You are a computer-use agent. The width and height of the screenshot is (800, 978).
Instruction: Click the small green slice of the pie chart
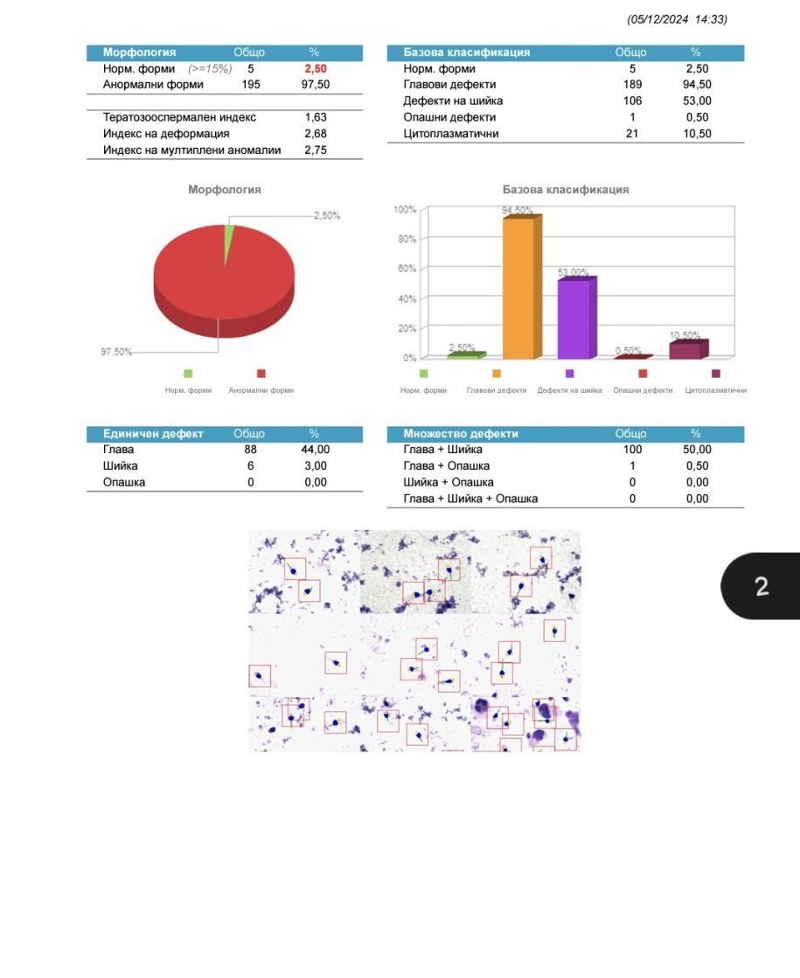pos(229,243)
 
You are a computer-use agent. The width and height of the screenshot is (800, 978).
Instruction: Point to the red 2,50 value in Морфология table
pos(316,68)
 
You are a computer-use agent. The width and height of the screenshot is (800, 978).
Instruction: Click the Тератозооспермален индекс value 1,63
pos(316,117)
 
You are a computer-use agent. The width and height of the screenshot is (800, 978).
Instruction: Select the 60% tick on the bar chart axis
pos(406,269)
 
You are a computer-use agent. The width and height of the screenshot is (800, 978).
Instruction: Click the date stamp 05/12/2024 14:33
pos(677,19)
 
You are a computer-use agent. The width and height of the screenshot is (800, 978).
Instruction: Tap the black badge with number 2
pos(761,586)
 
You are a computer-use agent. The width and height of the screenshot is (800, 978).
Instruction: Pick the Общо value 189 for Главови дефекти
pos(632,85)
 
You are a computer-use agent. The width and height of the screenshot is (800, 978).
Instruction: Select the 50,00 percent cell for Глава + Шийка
pos(697,450)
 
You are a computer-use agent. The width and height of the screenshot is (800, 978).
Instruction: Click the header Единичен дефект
pos(153,434)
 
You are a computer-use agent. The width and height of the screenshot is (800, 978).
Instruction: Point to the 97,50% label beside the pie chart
pos(116,352)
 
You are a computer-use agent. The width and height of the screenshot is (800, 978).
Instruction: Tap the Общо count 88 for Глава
pos(251,450)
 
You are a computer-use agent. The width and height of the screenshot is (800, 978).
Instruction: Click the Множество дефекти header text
pos(461,434)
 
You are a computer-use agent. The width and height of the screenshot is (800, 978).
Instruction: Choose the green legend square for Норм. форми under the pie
pos(188,374)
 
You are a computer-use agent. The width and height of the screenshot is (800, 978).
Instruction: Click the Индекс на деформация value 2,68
pos(316,134)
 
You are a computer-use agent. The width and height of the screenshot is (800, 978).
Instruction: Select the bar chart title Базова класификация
pos(566,190)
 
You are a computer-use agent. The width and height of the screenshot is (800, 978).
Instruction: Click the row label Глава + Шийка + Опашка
pos(470,499)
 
